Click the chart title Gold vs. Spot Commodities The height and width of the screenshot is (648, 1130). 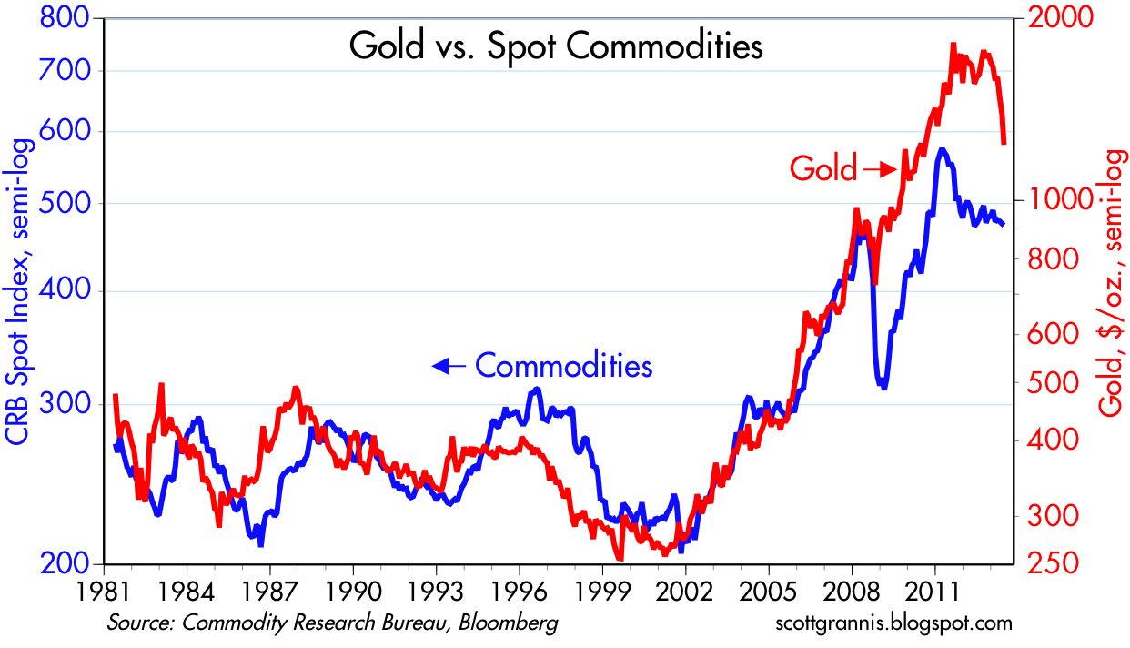tap(556, 46)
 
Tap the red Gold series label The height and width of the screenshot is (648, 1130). tap(822, 168)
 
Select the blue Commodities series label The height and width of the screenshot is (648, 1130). tap(564, 366)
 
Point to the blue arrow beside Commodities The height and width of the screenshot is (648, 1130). tap(449, 366)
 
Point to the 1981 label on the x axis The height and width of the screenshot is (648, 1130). tap(103, 590)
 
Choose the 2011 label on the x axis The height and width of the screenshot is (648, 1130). tap(934, 590)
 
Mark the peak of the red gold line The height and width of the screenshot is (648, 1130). tap(953, 44)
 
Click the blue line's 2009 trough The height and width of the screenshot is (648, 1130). tap(883, 387)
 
